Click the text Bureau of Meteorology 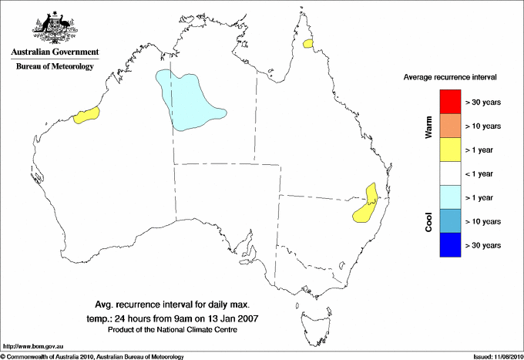[54, 67]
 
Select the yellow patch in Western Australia [86, 116]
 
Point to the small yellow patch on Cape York [309, 44]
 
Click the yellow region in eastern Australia [367, 204]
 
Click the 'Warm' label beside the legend [428, 126]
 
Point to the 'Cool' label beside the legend [428, 221]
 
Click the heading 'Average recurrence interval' [450, 78]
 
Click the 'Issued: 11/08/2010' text [497, 356]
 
